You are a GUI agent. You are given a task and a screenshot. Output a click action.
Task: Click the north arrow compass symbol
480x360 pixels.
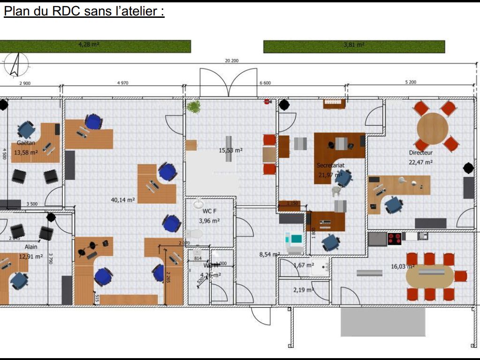(x=15, y=64)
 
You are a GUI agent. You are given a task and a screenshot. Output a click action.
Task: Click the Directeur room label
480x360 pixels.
(x=420, y=153)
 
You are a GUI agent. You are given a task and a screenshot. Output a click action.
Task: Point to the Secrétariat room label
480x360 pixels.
(x=330, y=165)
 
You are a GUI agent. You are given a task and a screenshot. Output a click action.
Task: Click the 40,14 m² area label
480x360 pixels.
(x=123, y=199)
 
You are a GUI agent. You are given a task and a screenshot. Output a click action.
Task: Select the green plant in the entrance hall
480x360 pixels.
(x=193, y=107)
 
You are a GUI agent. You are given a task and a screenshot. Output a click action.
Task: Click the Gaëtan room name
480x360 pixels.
(x=26, y=143)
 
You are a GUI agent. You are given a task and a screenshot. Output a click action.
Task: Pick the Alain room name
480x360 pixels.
(x=31, y=247)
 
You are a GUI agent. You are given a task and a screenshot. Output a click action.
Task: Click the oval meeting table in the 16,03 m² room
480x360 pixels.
(x=430, y=276)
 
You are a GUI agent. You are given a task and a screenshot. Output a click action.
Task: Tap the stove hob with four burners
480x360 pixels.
(x=394, y=238)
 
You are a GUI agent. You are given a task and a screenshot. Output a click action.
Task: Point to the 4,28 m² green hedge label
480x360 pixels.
(x=88, y=45)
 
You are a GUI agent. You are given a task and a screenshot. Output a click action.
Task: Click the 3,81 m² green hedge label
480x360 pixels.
(x=354, y=45)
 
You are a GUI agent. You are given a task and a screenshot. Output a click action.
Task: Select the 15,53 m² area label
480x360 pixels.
(x=230, y=151)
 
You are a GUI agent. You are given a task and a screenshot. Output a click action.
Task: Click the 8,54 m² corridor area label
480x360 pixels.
(x=269, y=255)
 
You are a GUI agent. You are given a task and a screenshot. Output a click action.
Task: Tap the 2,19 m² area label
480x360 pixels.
(x=303, y=290)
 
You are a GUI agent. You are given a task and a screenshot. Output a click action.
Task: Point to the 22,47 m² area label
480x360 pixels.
(x=420, y=162)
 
